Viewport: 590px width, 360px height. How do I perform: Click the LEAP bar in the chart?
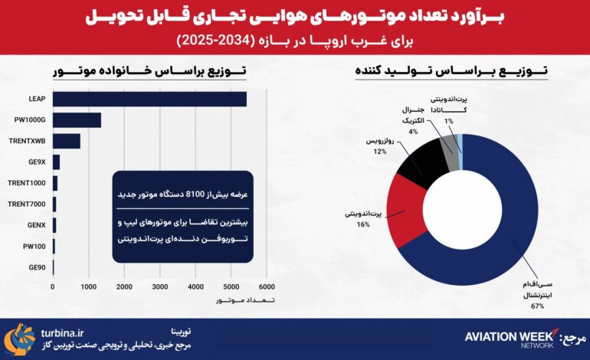(149, 99)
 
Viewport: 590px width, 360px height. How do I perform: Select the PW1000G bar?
(77, 120)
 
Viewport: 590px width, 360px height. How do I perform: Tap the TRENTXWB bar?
(67, 141)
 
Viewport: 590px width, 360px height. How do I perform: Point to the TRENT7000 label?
(28, 205)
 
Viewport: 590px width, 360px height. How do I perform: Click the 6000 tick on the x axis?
(266, 286)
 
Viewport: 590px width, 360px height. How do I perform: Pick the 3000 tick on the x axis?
(159, 286)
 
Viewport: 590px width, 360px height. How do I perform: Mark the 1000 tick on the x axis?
(88, 286)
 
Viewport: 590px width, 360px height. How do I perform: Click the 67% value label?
(536, 306)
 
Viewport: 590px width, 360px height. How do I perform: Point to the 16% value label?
(363, 224)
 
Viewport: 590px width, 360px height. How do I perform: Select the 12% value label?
(379, 151)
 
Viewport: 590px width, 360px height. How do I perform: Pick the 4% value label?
(413, 132)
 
